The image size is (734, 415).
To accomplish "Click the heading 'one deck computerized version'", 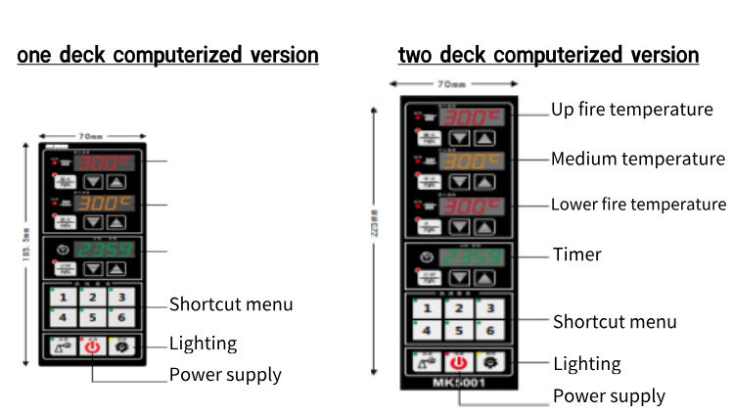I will [x=167, y=55].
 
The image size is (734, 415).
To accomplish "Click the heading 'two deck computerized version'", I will [x=548, y=55].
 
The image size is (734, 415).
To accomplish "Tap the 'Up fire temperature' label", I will [x=631, y=110].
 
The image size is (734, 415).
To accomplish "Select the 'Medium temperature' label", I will [x=637, y=159].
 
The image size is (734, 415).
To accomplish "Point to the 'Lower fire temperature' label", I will [x=638, y=205].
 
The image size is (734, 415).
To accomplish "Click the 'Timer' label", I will [x=577, y=254].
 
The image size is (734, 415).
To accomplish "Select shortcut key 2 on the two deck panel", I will [x=457, y=308].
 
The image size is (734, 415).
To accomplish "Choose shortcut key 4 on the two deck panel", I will [x=427, y=331].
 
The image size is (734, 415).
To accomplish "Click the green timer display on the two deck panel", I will [x=472, y=258].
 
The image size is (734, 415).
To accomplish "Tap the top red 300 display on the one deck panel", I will [x=105, y=161].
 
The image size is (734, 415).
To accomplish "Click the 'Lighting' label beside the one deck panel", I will [x=203, y=343].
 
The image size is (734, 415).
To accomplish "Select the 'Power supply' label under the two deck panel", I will [x=609, y=396].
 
